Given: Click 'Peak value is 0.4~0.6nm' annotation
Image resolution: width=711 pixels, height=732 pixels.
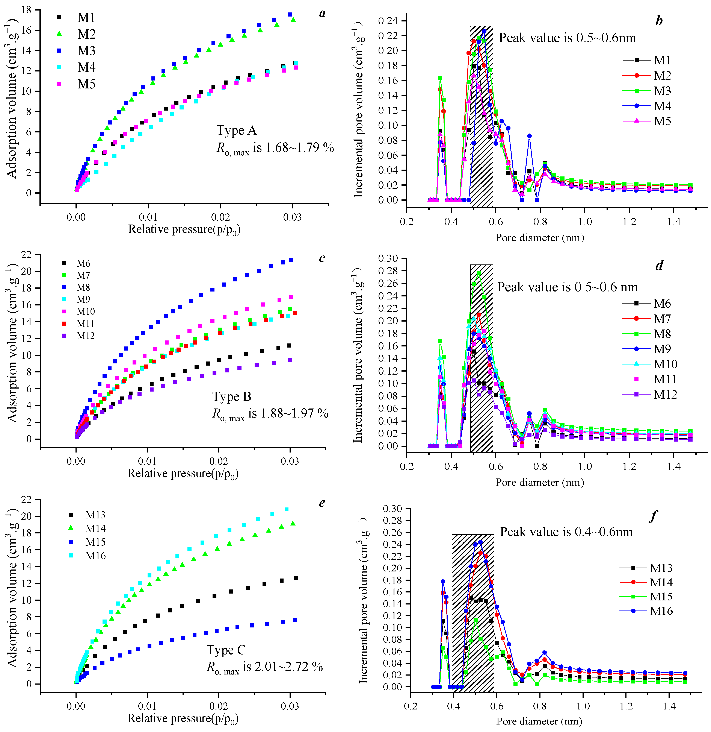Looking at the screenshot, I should pyautogui.click(x=566, y=532).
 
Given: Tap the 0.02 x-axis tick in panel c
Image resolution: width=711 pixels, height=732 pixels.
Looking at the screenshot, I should pyautogui.click(x=219, y=462).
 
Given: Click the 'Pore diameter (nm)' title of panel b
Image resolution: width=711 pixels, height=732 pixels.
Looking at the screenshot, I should pyautogui.click(x=540, y=238).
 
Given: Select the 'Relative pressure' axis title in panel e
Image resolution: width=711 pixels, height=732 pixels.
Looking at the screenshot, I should pyautogui.click(x=183, y=718).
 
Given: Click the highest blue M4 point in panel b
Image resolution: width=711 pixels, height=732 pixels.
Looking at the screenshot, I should pyautogui.click(x=484, y=31).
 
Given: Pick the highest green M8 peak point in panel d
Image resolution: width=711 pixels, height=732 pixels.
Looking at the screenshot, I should pyautogui.click(x=479, y=273).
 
